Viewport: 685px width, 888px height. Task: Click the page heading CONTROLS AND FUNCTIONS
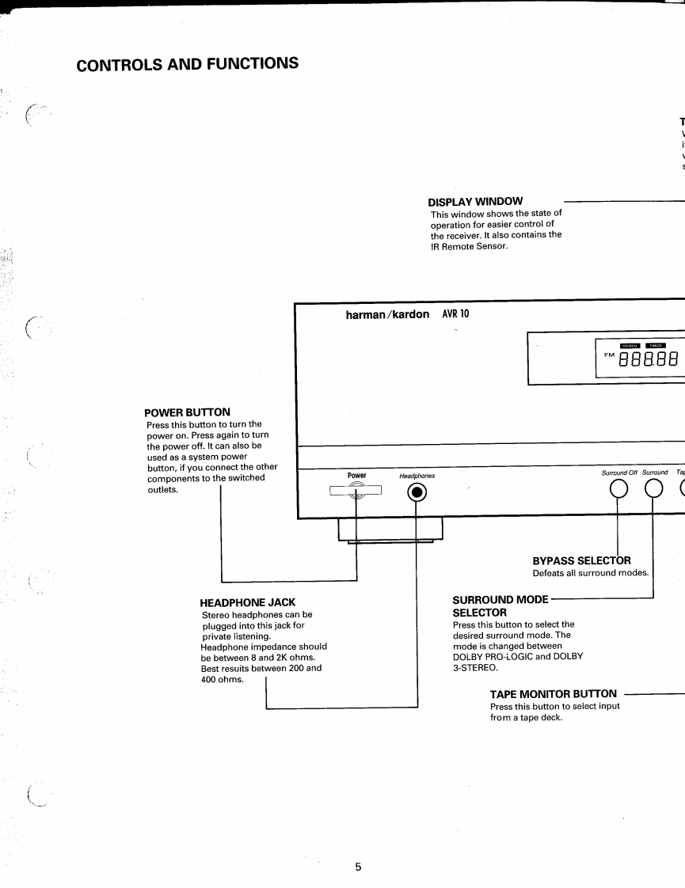pyautogui.click(x=188, y=63)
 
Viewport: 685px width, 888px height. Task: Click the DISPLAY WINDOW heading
pyautogui.click(x=475, y=202)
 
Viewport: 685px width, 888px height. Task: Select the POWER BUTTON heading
pyautogui.click(x=187, y=412)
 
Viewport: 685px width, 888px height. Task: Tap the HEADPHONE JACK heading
pyautogui.click(x=248, y=602)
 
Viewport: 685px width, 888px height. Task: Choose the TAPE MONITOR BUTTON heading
pyautogui.click(x=553, y=694)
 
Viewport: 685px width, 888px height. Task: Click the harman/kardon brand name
pyautogui.click(x=387, y=314)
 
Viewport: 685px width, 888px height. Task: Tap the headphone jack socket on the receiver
pyautogui.click(x=417, y=493)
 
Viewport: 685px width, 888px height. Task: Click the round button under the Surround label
pyautogui.click(x=653, y=492)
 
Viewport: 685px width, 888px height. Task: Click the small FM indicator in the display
pyautogui.click(x=609, y=354)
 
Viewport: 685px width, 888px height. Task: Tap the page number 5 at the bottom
pyautogui.click(x=357, y=867)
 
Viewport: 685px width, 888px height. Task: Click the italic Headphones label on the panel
pyautogui.click(x=417, y=476)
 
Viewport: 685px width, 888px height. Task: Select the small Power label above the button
pyautogui.click(x=356, y=476)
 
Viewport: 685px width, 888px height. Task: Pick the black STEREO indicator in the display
pyautogui.click(x=629, y=345)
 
